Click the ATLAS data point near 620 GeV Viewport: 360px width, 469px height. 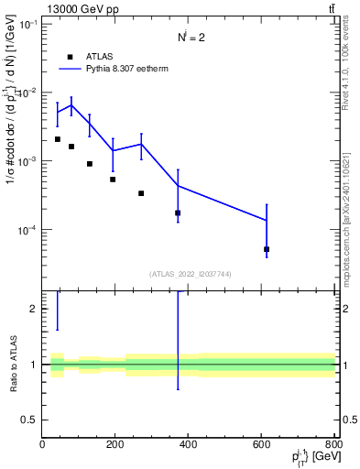click(267, 249)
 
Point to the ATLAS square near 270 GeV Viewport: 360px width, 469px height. click(141, 193)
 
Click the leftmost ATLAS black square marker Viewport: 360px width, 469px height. click(58, 139)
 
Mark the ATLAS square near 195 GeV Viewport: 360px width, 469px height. click(113, 180)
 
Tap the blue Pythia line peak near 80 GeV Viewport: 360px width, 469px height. click(71, 104)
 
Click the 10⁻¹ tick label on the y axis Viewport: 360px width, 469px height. click(26, 25)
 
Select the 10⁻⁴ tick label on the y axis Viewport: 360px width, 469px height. click(26, 230)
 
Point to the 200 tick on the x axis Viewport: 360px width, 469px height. click(115, 445)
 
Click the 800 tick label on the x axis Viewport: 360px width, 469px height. click(333, 445)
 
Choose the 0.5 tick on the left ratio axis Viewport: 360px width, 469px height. click(31, 420)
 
